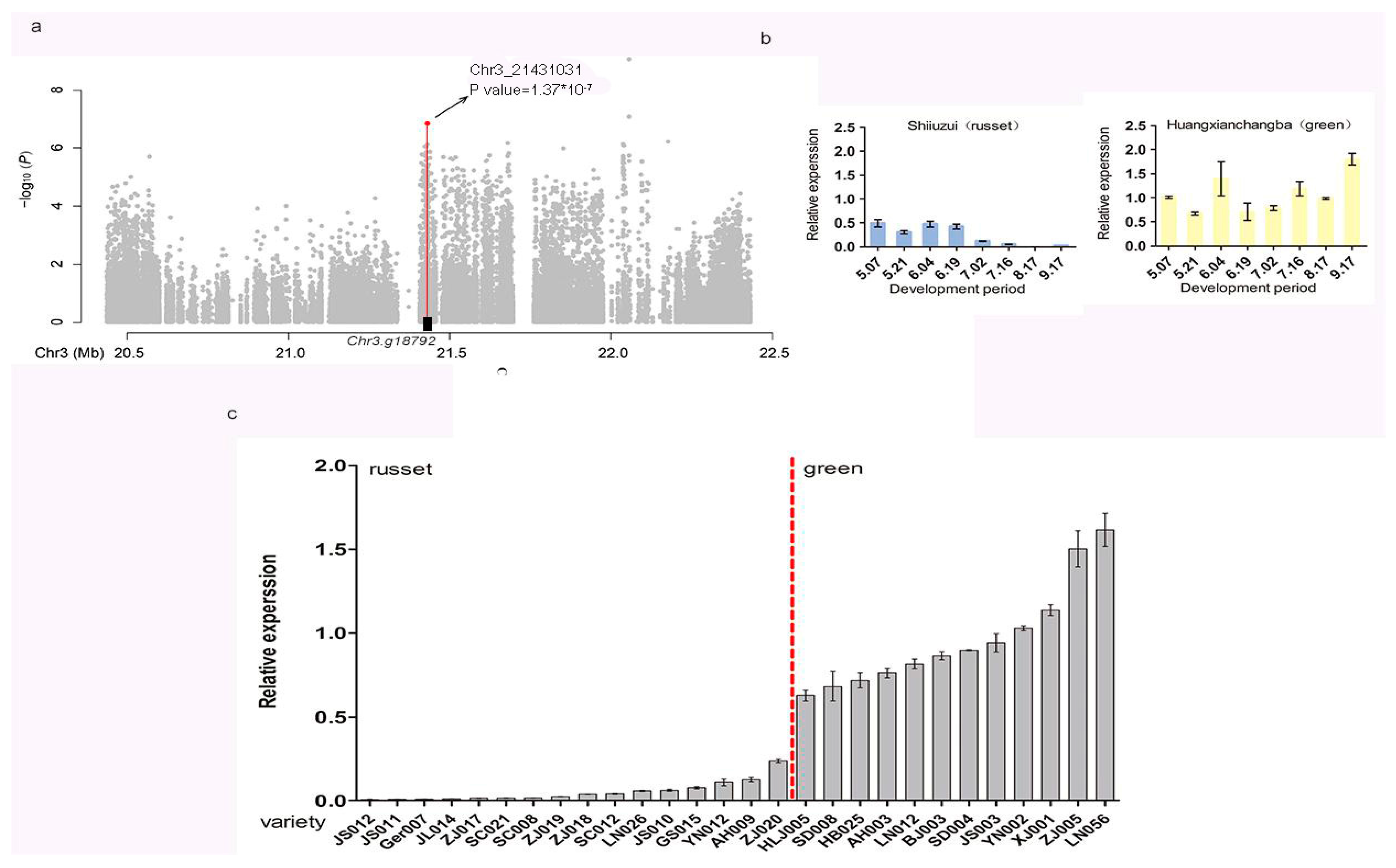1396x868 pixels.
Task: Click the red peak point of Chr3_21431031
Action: point(427,123)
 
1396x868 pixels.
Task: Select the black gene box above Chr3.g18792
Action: point(427,324)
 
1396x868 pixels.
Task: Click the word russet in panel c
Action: point(400,469)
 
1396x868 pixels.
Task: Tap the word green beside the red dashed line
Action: point(832,469)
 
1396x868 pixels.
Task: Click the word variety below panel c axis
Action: point(293,822)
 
